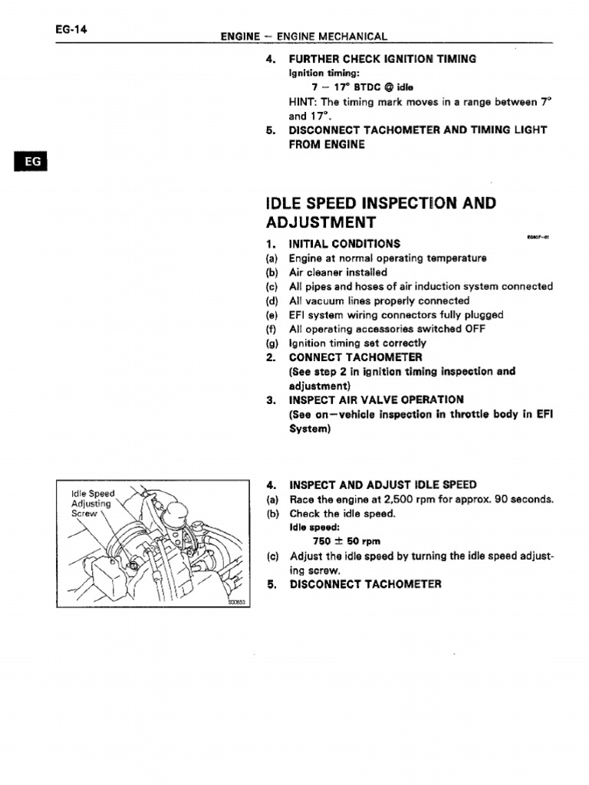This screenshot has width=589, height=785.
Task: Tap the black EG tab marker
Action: [x=30, y=163]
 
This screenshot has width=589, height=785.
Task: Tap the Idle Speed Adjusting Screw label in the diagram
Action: [x=91, y=503]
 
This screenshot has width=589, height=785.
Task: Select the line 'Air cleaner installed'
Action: [x=337, y=272]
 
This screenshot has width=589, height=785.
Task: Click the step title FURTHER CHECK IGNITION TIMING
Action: [x=382, y=59]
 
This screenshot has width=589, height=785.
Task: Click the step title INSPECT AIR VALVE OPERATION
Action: [x=376, y=399]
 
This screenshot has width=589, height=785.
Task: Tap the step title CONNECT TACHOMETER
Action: [x=355, y=357]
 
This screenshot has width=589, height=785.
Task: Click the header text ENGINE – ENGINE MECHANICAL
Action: [x=304, y=36]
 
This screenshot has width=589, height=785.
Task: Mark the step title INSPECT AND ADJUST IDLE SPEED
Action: [x=382, y=484]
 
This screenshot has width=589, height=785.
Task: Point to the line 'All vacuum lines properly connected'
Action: [x=379, y=301]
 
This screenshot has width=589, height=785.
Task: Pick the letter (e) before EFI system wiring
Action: [x=271, y=315]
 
